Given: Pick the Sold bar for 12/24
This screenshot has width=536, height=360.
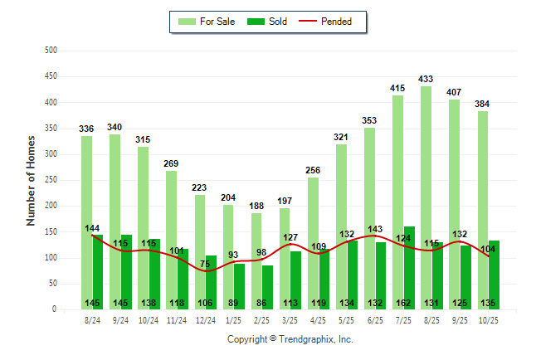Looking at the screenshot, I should tap(211, 282).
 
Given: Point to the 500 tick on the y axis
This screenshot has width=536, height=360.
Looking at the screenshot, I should tap(51, 51).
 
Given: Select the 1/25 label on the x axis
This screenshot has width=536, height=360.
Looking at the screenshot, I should tap(234, 319).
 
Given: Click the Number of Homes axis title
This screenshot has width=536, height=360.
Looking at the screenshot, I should tap(31, 180).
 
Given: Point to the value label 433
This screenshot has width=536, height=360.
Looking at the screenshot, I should tap(426, 79).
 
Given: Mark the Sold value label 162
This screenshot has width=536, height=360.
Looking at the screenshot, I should tap(404, 303).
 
